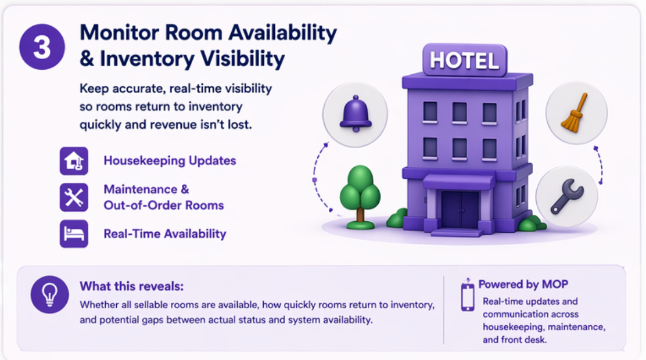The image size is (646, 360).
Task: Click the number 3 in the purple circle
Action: click(42, 48)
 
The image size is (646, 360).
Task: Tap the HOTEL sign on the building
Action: click(464, 60)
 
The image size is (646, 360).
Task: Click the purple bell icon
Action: click(356, 114)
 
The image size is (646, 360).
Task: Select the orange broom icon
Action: click(575, 113)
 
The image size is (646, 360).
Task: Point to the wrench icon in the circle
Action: click(568, 196)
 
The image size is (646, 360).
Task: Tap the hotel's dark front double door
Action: click(460, 209)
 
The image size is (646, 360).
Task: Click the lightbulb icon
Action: click(49, 294)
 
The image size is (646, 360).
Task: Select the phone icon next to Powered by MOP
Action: click(468, 296)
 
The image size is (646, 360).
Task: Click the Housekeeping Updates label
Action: click(170, 161)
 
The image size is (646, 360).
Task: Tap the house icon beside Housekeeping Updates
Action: click(74, 161)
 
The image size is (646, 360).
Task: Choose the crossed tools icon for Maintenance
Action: click(74, 197)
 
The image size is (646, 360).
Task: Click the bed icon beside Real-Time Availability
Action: click(74, 234)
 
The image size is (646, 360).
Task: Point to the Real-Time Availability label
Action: click(165, 234)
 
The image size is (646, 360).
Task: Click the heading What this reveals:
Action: click(132, 286)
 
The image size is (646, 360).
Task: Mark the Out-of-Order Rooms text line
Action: click(164, 205)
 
